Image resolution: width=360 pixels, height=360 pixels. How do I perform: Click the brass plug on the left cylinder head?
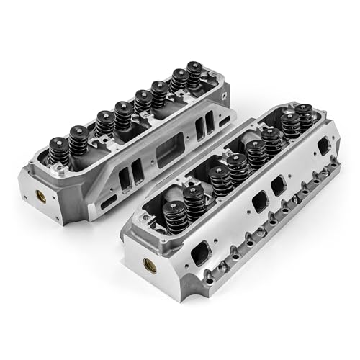click(37, 195)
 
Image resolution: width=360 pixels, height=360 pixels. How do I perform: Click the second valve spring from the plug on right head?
click(194, 199)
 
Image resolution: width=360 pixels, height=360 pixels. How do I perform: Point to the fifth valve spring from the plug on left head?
click(144, 102)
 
